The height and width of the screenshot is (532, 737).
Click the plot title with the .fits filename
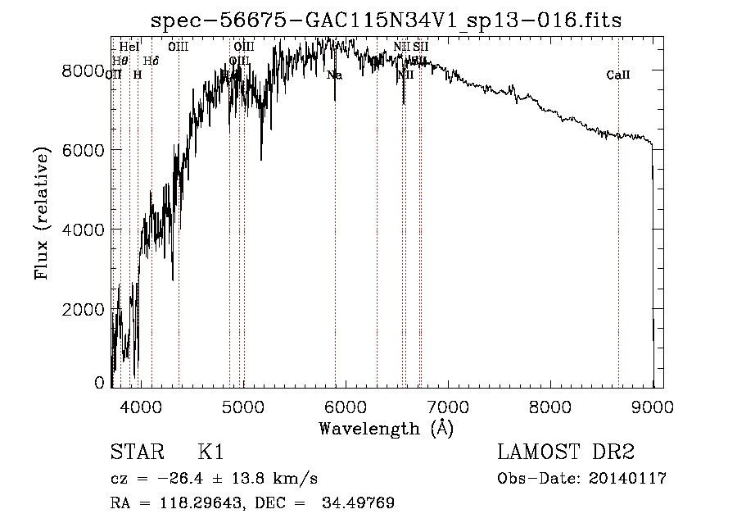[388, 20]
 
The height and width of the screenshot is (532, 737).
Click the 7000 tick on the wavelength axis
[447, 406]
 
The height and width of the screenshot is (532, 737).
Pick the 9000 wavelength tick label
[653, 406]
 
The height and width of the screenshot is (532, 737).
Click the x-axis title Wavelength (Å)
[386, 427]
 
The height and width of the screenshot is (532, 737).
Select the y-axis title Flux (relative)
[43, 212]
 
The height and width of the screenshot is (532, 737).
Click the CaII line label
[618, 75]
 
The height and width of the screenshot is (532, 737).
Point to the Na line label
[334, 75]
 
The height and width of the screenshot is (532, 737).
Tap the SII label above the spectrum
[421, 47]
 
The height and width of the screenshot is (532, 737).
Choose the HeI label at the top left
[129, 47]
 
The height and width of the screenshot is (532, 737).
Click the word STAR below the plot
[135, 452]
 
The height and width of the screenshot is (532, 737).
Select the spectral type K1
[210, 452]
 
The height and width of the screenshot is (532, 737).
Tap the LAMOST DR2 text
[566, 452]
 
